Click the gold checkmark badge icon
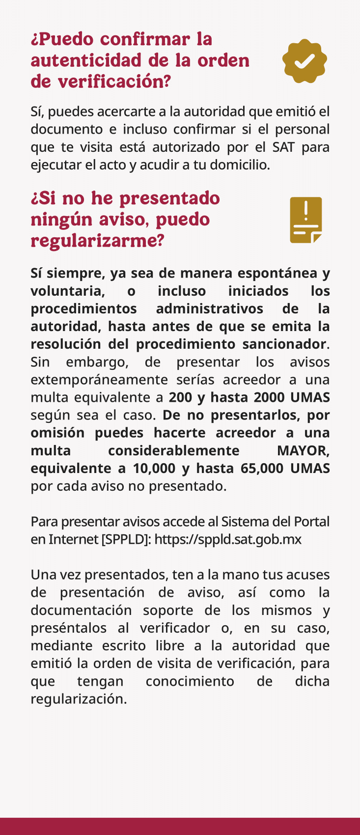pos(305,61)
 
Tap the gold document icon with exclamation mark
pos(306,220)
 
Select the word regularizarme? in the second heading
pos(97,241)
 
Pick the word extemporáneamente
pos(92,380)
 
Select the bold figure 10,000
pos(154,468)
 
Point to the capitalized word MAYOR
pos(303,450)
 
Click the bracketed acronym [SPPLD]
pos(125,539)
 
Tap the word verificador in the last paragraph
pos(175,628)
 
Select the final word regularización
pos(79,699)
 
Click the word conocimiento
pos(190,681)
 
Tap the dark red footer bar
pos(180,826)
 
